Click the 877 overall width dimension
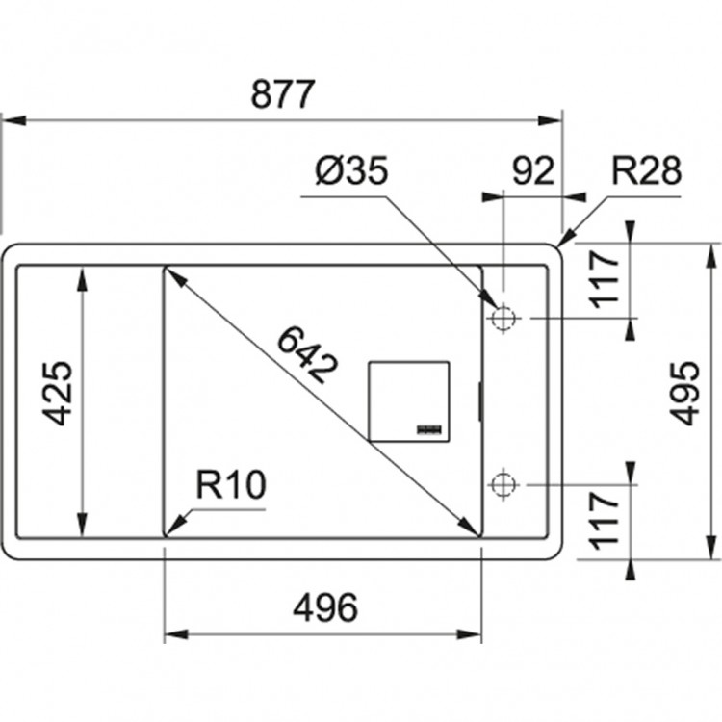(283, 94)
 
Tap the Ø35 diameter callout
(351, 172)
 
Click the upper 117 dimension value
(606, 278)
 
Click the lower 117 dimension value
(606, 520)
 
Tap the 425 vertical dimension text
(60, 393)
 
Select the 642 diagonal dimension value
(306, 354)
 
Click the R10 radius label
(230, 485)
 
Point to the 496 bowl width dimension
(322, 607)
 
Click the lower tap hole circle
(501, 485)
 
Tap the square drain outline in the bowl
(409, 400)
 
